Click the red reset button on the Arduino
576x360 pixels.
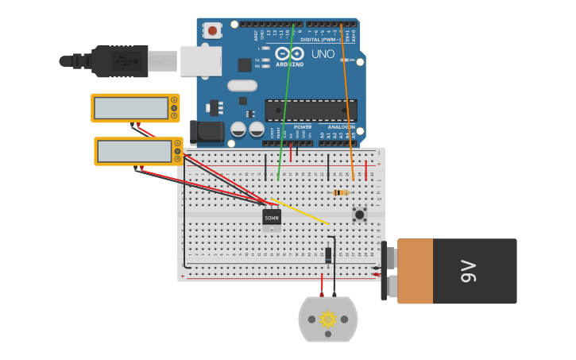tap(212, 31)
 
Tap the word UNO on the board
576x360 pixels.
tap(323, 54)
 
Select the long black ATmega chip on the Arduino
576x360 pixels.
tap(311, 110)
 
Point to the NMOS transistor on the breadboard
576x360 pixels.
tap(272, 217)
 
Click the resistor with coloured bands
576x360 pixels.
tap(340, 192)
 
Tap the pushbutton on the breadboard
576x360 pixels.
tap(359, 214)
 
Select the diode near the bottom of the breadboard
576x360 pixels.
tap(328, 255)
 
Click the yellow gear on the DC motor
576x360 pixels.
tap(327, 319)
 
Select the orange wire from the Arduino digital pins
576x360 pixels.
tap(346, 103)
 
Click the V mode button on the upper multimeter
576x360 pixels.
tap(174, 108)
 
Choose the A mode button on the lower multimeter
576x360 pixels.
tap(177, 143)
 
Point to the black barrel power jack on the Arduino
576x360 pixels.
tap(205, 133)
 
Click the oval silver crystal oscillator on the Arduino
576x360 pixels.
tap(242, 86)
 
